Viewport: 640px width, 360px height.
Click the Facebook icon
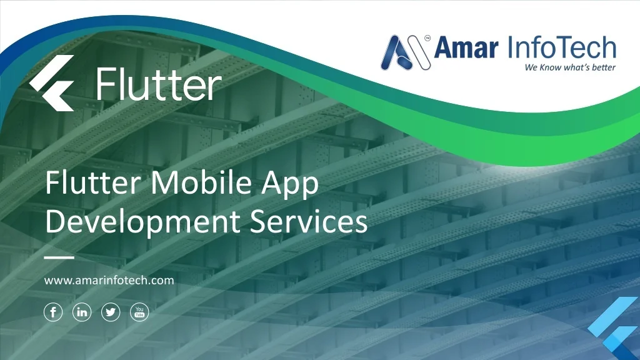click(53, 312)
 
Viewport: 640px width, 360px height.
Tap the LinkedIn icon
click(82, 312)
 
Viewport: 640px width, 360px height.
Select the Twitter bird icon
click(111, 312)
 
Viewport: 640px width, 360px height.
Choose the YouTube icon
click(139, 312)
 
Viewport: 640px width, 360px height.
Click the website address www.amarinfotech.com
click(109, 281)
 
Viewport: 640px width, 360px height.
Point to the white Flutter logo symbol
click(52, 83)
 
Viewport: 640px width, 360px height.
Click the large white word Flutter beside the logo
click(159, 86)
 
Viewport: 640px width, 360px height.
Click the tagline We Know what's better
click(570, 67)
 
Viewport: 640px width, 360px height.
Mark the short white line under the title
click(59, 257)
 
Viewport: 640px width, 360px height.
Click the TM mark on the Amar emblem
click(427, 37)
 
